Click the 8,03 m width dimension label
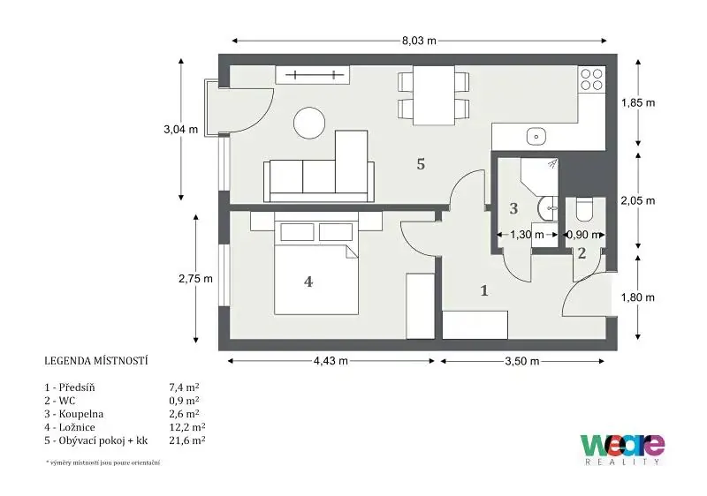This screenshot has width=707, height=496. (x=419, y=41)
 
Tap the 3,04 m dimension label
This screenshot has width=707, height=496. (x=181, y=130)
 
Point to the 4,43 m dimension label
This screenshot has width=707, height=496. (x=331, y=361)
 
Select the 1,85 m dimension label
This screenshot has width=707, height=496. (x=638, y=102)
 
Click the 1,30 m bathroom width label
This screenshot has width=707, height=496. (x=527, y=235)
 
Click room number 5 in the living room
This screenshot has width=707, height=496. (x=421, y=164)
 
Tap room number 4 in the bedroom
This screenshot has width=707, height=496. (x=308, y=282)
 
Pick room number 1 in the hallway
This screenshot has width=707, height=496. (x=484, y=290)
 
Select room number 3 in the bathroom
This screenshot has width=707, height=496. (x=513, y=208)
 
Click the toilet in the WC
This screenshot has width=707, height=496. (x=585, y=209)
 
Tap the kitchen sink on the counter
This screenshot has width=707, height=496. (x=536, y=136)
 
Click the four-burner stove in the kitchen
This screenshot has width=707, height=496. (x=591, y=79)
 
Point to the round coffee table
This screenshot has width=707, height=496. (x=309, y=123)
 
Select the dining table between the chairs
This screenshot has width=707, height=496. (x=434, y=95)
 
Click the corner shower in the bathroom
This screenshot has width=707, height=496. (x=539, y=177)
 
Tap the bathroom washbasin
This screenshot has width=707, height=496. (x=548, y=209)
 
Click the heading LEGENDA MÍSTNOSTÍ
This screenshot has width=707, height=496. (x=96, y=361)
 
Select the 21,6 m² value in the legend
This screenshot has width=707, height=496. (x=187, y=440)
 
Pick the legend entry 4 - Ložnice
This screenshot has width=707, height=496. (x=70, y=427)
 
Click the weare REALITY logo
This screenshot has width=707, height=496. (x=622, y=449)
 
